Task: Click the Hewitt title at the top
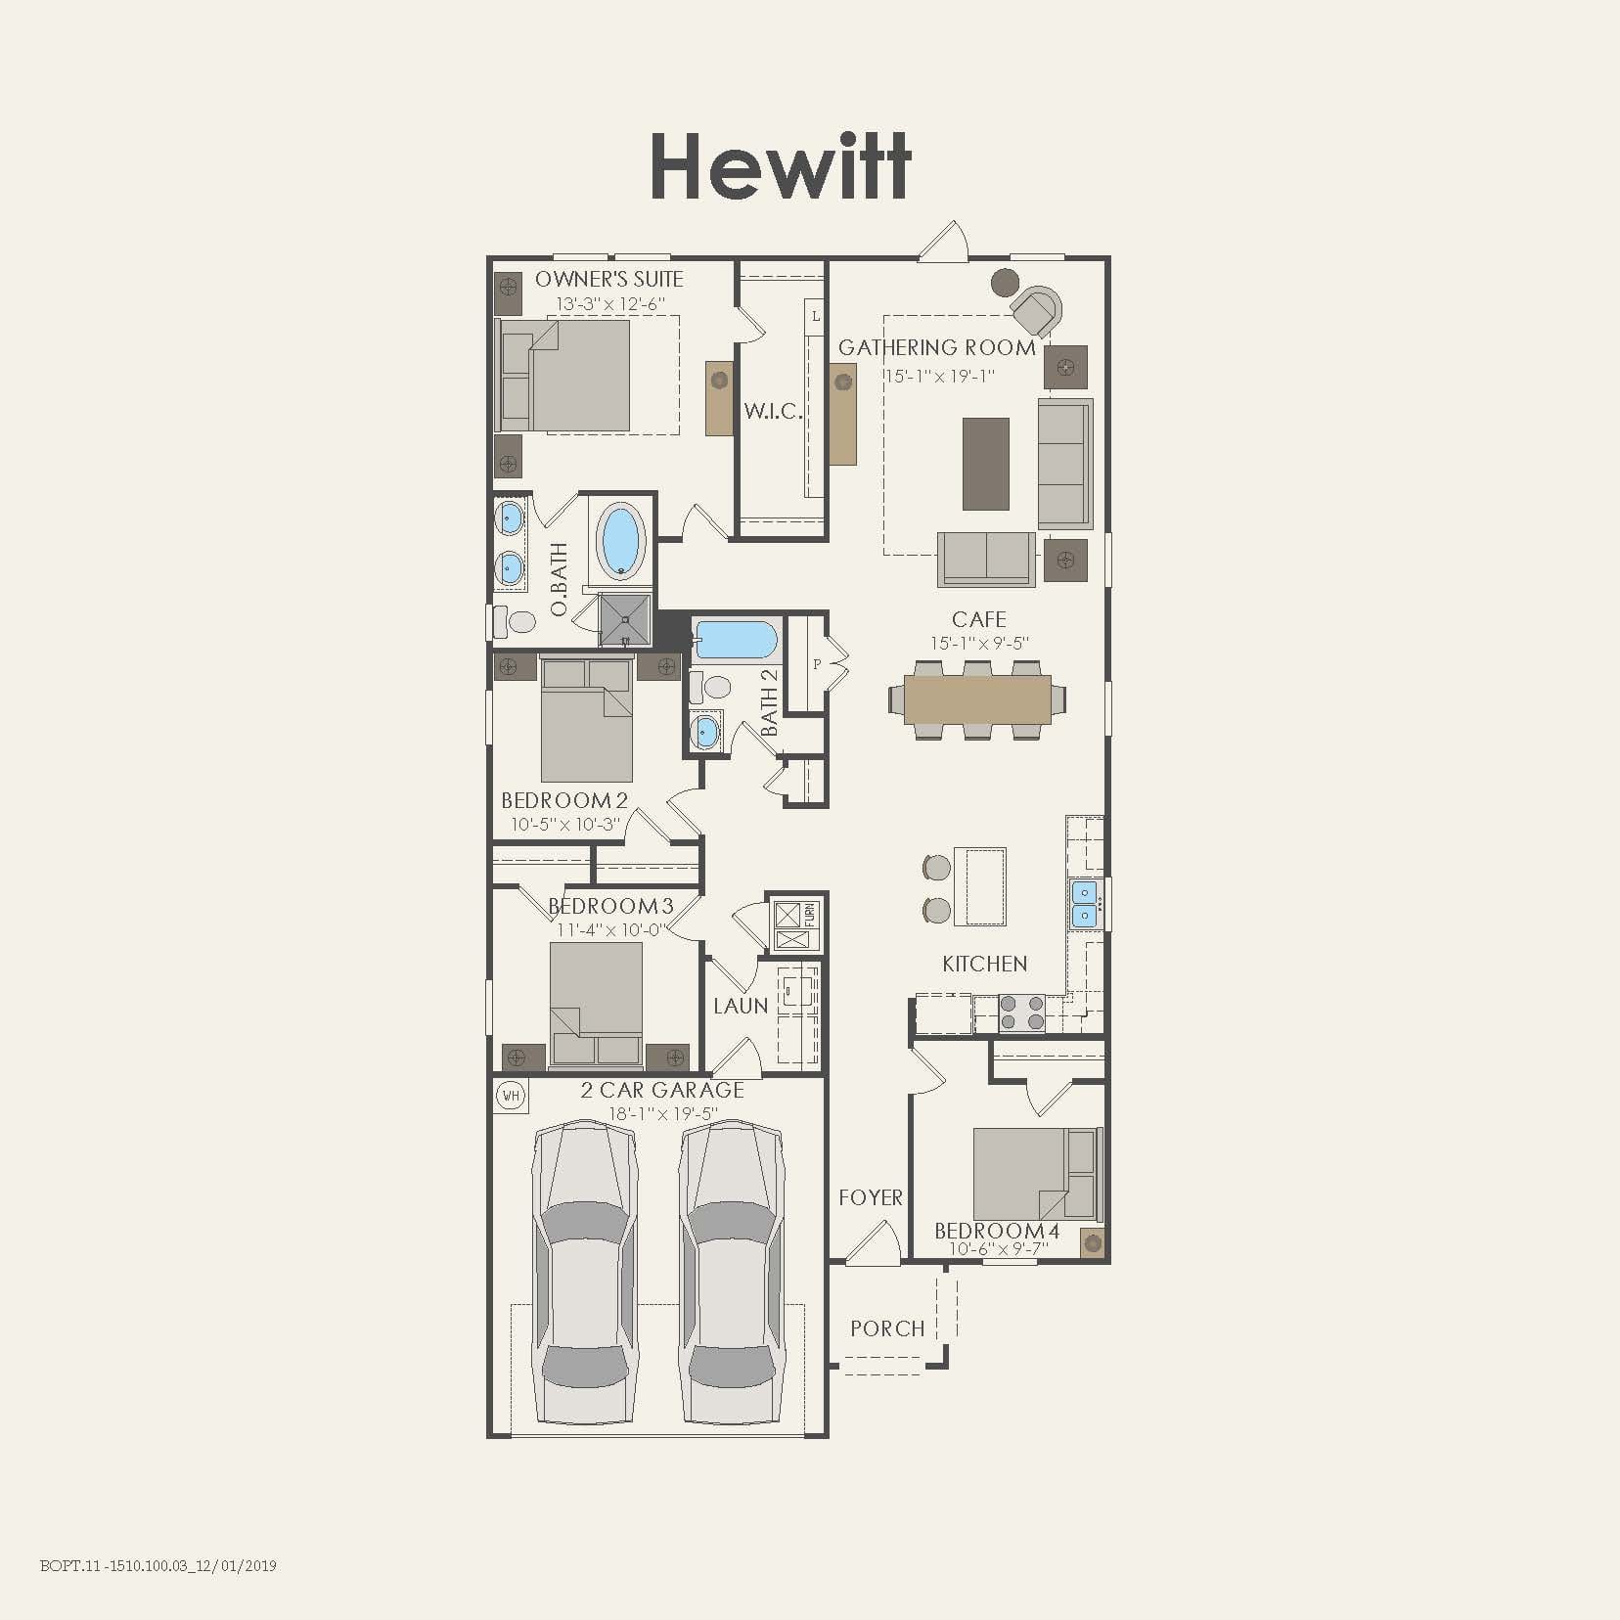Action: pos(781,166)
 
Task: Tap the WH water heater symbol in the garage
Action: pos(511,1095)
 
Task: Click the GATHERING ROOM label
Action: pos(936,347)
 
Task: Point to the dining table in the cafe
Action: pos(977,699)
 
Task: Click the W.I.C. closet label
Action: pos(773,411)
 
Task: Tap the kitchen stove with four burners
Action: pos(1021,1012)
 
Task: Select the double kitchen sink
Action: pos(1084,904)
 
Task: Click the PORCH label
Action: pos(887,1328)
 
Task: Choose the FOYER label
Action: pos(870,1197)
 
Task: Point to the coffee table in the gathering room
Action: pos(985,464)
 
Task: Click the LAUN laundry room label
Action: pos(740,1006)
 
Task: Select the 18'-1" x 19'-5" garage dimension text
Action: pos(662,1114)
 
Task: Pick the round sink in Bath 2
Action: pos(704,730)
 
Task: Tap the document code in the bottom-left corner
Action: pos(158,1565)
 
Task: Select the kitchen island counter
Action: pos(979,886)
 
